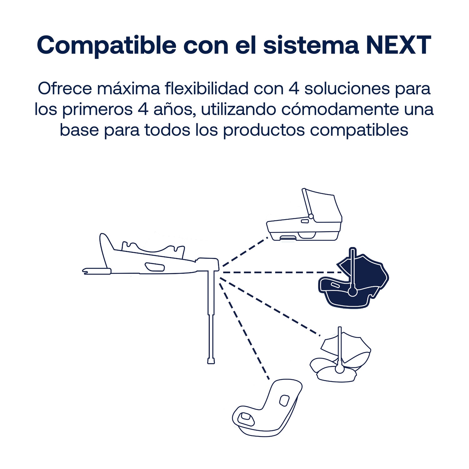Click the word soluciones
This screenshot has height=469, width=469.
[347, 88]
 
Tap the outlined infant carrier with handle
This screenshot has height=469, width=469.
[340, 355]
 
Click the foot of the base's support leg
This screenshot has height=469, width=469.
[211, 361]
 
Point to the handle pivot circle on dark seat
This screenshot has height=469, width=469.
[353, 292]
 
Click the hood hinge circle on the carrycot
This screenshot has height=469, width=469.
[311, 216]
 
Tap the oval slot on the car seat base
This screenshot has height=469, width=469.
[154, 267]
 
